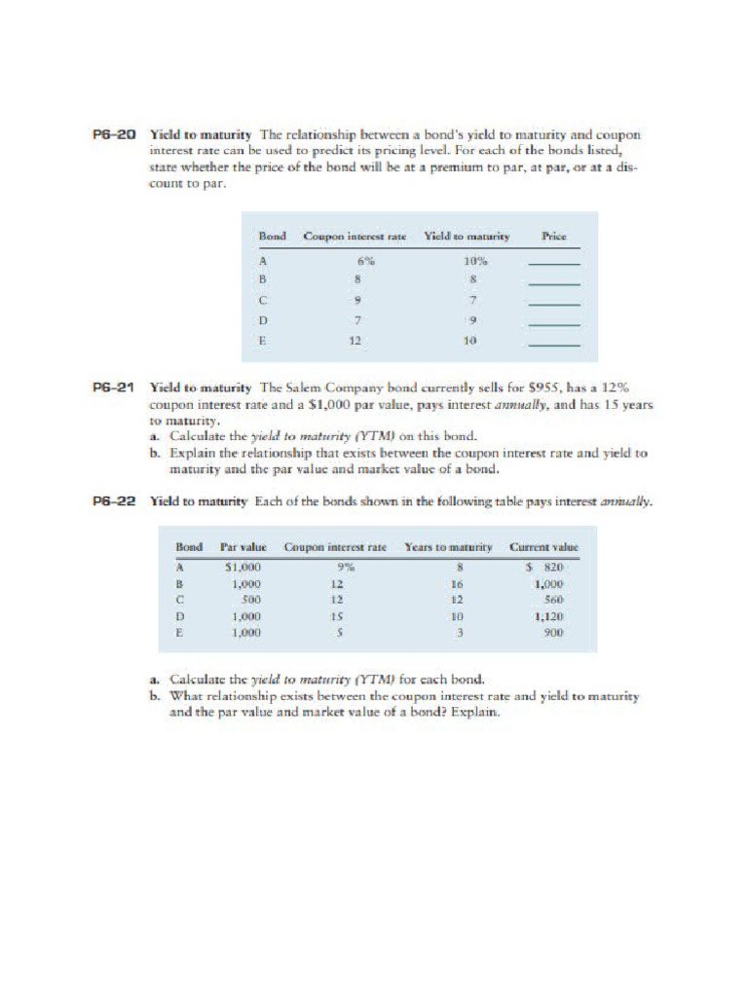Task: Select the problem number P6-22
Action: (113, 502)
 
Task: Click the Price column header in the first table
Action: (554, 237)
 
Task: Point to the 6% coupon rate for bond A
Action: (363, 261)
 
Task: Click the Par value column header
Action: (243, 547)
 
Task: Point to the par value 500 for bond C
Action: (249, 600)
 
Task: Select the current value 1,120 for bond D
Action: (549, 616)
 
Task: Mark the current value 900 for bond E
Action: (554, 633)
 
